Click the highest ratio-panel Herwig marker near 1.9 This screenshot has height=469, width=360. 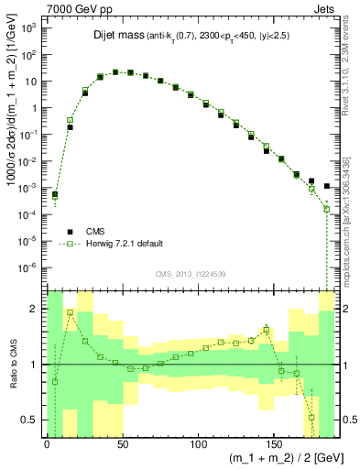click(x=70, y=312)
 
